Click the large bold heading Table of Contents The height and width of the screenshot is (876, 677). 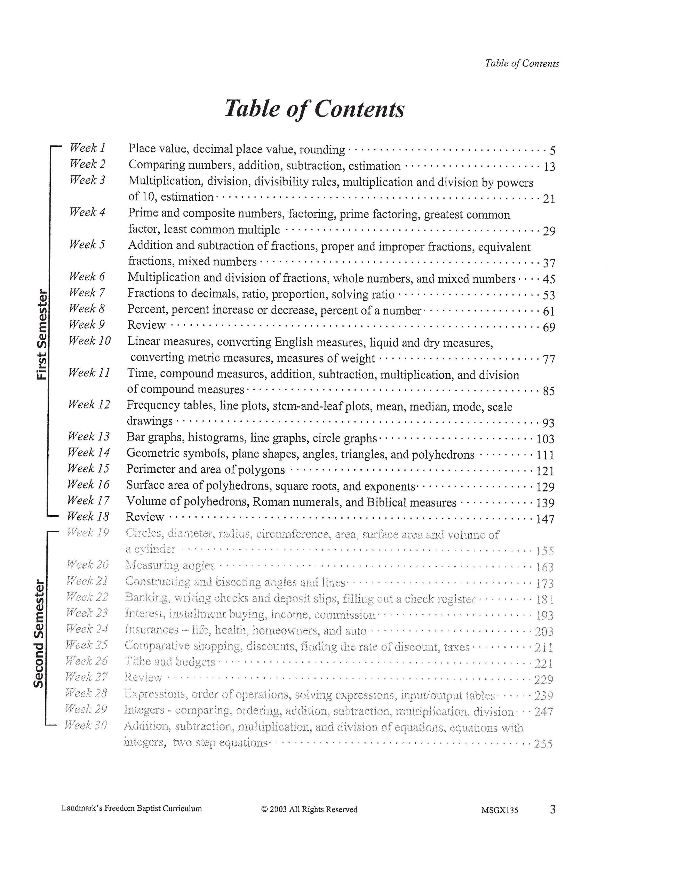coord(314,108)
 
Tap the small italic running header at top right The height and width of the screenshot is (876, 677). coord(522,63)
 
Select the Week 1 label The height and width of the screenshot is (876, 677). coord(87,148)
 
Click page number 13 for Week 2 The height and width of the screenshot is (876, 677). coord(549,166)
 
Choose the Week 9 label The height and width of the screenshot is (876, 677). coord(87,324)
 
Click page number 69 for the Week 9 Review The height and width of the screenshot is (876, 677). coord(549,327)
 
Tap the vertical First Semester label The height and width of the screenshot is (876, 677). coord(42,335)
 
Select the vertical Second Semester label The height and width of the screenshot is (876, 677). coord(39,634)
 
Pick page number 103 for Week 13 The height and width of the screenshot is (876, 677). coord(545,439)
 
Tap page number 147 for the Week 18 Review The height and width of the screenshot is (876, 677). coord(545,519)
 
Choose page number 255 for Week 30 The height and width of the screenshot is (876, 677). coord(543,744)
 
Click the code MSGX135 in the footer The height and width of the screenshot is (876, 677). coord(499,810)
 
